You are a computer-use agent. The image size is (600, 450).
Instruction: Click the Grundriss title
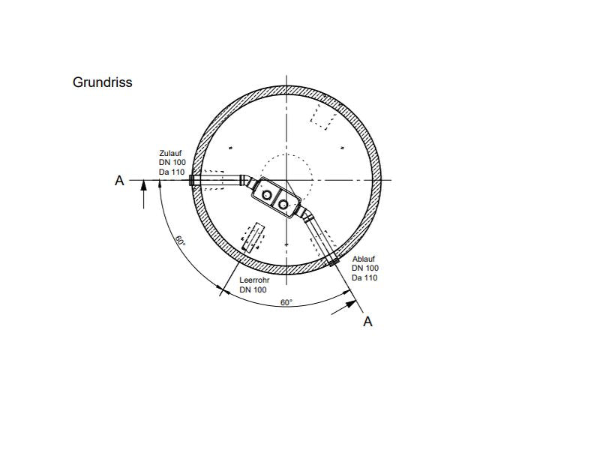(102, 82)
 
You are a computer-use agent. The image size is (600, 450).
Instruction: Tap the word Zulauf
(171, 153)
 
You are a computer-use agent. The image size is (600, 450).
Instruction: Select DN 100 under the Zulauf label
(172, 162)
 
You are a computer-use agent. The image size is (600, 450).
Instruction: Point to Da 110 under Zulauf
(172, 172)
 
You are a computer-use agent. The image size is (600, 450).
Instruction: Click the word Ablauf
(364, 259)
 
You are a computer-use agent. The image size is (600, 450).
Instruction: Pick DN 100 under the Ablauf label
(365, 268)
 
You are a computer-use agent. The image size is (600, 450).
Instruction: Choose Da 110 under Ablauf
(364, 277)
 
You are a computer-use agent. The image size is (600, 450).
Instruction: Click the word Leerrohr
(254, 280)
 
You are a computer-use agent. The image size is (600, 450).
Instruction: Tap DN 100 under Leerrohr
(253, 289)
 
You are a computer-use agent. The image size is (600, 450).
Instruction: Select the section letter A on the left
(119, 180)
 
